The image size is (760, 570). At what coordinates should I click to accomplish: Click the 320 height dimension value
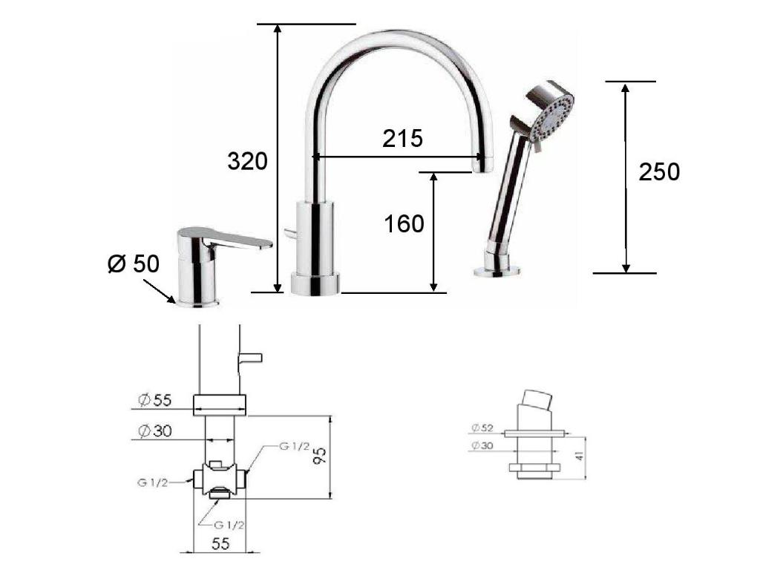247,161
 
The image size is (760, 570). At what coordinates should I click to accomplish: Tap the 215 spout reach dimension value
402,139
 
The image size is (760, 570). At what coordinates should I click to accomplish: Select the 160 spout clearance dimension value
404,224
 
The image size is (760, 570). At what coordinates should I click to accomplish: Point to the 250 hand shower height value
659,172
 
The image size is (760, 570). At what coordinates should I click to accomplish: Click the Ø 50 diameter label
134,263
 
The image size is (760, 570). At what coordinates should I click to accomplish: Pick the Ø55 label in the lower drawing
154,400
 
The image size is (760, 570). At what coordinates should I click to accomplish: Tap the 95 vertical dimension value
320,456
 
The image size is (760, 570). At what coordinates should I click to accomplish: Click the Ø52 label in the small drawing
482,427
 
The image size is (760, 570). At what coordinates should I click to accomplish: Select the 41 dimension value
580,455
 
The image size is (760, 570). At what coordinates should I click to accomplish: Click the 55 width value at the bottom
220,543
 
